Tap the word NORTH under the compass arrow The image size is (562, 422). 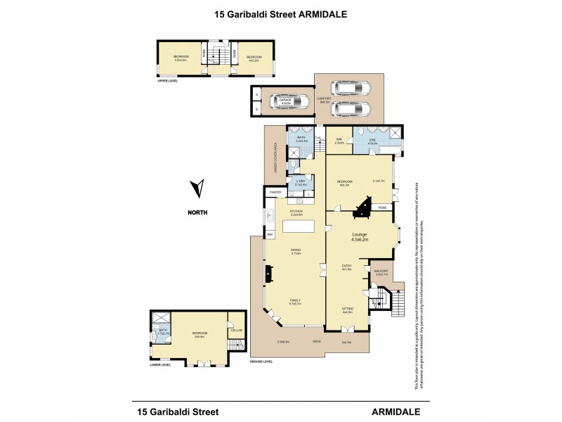[x=197, y=212]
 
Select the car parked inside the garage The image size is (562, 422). [x=288, y=103]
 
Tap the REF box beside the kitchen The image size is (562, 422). [x=269, y=235]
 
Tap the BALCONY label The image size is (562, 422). [x=381, y=272]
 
